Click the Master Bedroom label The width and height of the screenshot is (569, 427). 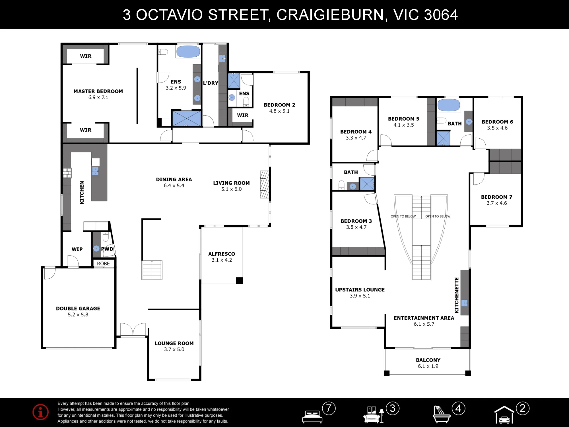(98, 91)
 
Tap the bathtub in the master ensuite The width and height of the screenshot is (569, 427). (188, 52)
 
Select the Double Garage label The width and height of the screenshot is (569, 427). (78, 308)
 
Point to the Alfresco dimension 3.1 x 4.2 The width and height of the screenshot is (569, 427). (222, 260)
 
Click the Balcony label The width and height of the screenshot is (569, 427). (428, 360)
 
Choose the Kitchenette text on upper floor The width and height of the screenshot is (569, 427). (457, 295)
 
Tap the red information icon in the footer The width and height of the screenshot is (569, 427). (40, 412)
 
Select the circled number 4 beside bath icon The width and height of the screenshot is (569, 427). (458, 408)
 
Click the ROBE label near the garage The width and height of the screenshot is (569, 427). (103, 264)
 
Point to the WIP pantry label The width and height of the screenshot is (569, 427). (77, 249)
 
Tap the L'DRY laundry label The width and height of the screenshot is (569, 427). (211, 83)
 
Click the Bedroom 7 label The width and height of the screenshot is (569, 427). (496, 197)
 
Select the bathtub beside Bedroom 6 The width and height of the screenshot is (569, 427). (449, 105)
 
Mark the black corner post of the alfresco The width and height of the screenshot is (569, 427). (239, 280)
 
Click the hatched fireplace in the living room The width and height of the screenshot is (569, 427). (265, 184)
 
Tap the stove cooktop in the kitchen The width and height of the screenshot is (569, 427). (67, 173)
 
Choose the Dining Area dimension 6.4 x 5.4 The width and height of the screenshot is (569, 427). (174, 186)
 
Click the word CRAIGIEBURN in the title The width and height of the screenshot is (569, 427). (330, 15)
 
